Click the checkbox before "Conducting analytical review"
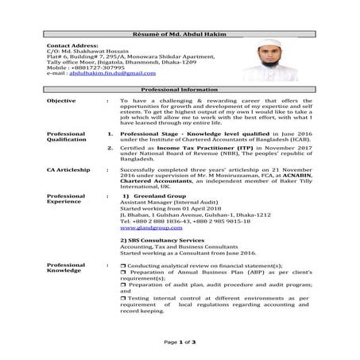coord(122,266)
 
